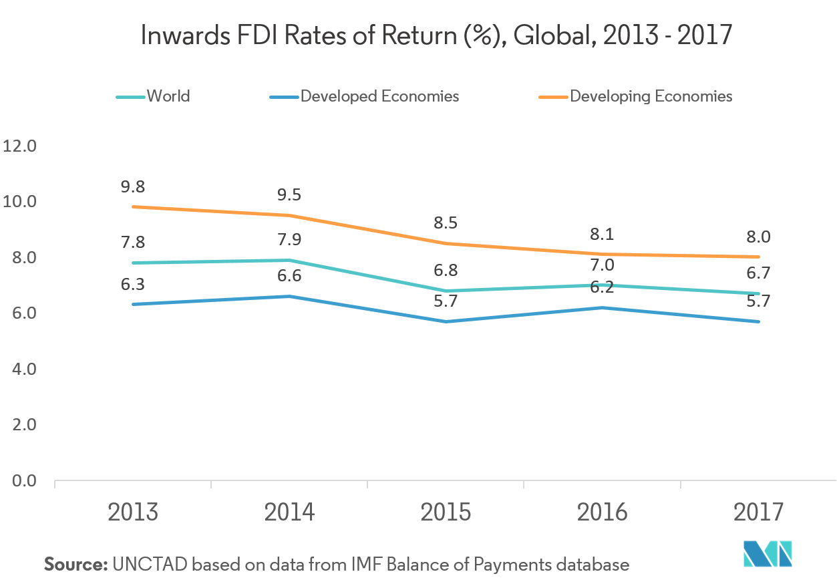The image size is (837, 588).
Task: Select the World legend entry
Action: point(168,96)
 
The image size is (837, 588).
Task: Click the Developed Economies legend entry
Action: point(379,96)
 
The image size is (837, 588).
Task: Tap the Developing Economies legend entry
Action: point(651,96)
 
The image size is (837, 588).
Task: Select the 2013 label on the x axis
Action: point(133,512)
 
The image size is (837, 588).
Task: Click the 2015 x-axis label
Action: point(446,512)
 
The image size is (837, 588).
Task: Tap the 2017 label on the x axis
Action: point(758,512)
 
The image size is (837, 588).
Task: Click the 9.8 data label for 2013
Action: point(133,186)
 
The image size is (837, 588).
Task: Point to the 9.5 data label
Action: point(289,195)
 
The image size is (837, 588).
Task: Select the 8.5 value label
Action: point(446,223)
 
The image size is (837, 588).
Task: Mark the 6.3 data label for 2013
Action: point(133,284)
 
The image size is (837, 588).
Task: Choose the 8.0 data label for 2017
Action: point(758,237)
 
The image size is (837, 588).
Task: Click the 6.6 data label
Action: point(289,276)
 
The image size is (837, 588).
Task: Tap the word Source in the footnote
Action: point(75,565)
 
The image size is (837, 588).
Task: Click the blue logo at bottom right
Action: point(768,553)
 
